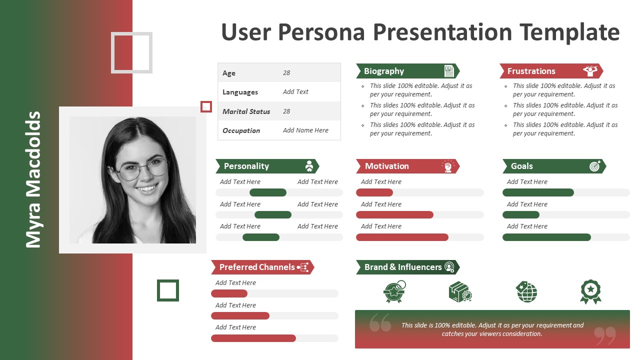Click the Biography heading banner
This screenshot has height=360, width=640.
pyautogui.click(x=407, y=71)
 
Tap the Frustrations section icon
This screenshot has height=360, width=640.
pyautogui.click(x=590, y=71)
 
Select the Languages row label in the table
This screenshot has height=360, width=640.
pyautogui.click(x=240, y=92)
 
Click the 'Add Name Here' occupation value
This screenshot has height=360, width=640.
pyautogui.click(x=305, y=130)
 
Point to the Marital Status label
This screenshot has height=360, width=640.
pyautogui.click(x=246, y=111)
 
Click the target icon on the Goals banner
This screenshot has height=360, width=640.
pyautogui.click(x=595, y=166)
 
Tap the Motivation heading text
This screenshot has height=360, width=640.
pyautogui.click(x=387, y=166)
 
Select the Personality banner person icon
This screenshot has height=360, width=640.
pyautogui.click(x=309, y=166)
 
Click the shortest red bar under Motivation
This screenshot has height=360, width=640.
pyautogui.click(x=374, y=192)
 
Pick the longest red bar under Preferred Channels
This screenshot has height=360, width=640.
pyautogui.click(x=253, y=338)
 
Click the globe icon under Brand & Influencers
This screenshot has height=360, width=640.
pyautogui.click(x=526, y=291)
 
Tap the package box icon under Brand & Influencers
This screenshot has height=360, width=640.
pyautogui.click(x=460, y=291)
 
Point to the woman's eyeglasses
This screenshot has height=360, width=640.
pyautogui.click(x=142, y=169)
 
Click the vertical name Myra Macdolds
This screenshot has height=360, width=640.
pyautogui.click(x=33, y=179)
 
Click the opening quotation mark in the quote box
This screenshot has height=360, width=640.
pyautogui.click(x=380, y=322)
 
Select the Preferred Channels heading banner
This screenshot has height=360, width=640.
pyautogui.click(x=262, y=267)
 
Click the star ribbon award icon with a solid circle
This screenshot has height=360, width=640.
pyautogui.click(x=590, y=291)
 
